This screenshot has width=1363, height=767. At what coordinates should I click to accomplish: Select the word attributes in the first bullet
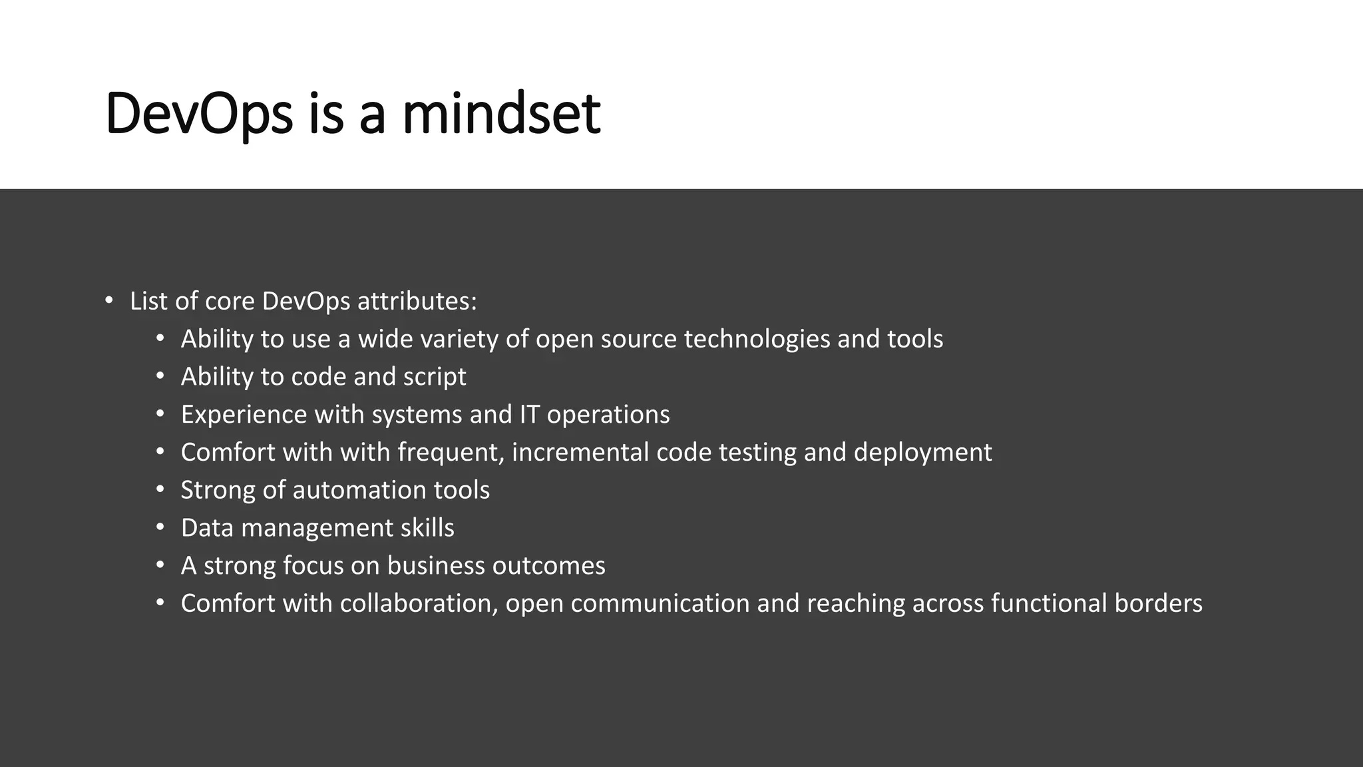[417, 302]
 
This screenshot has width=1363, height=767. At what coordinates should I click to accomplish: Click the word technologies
[757, 340]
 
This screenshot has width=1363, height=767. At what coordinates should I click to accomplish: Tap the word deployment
[922, 453]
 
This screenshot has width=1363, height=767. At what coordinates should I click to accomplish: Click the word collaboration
[419, 604]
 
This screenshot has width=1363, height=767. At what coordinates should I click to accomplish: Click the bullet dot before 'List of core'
[109, 300]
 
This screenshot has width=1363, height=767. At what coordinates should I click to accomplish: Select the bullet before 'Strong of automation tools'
[160, 490]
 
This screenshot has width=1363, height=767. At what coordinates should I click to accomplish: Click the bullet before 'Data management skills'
[160, 528]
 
